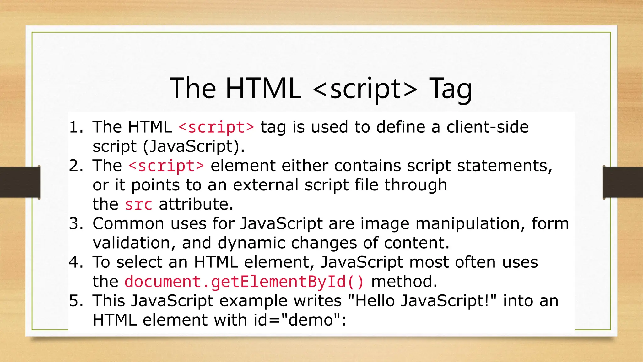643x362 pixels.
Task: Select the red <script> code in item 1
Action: coord(216,127)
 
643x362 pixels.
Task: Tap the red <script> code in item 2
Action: coord(166,166)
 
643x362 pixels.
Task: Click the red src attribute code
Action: coord(138,205)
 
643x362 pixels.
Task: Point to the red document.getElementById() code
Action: coord(244,282)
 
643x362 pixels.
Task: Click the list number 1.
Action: coord(75,127)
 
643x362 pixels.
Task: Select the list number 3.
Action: coord(75,224)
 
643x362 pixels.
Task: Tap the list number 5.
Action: coord(75,301)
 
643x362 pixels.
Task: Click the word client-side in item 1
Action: coord(487,127)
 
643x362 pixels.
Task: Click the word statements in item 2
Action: coord(504,166)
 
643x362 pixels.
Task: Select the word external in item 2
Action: coord(266,185)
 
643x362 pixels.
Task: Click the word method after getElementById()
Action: coord(404,282)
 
